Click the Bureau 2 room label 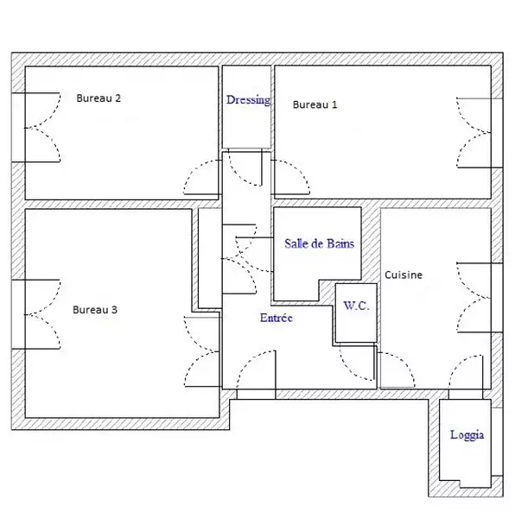coord(99,98)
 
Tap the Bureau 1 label coord(315,104)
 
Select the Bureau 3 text coord(95,310)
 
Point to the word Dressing coord(248,100)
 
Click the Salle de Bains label coord(320,243)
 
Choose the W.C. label coord(356,306)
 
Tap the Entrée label coord(277,318)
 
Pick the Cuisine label coord(404,275)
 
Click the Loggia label coord(467,435)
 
